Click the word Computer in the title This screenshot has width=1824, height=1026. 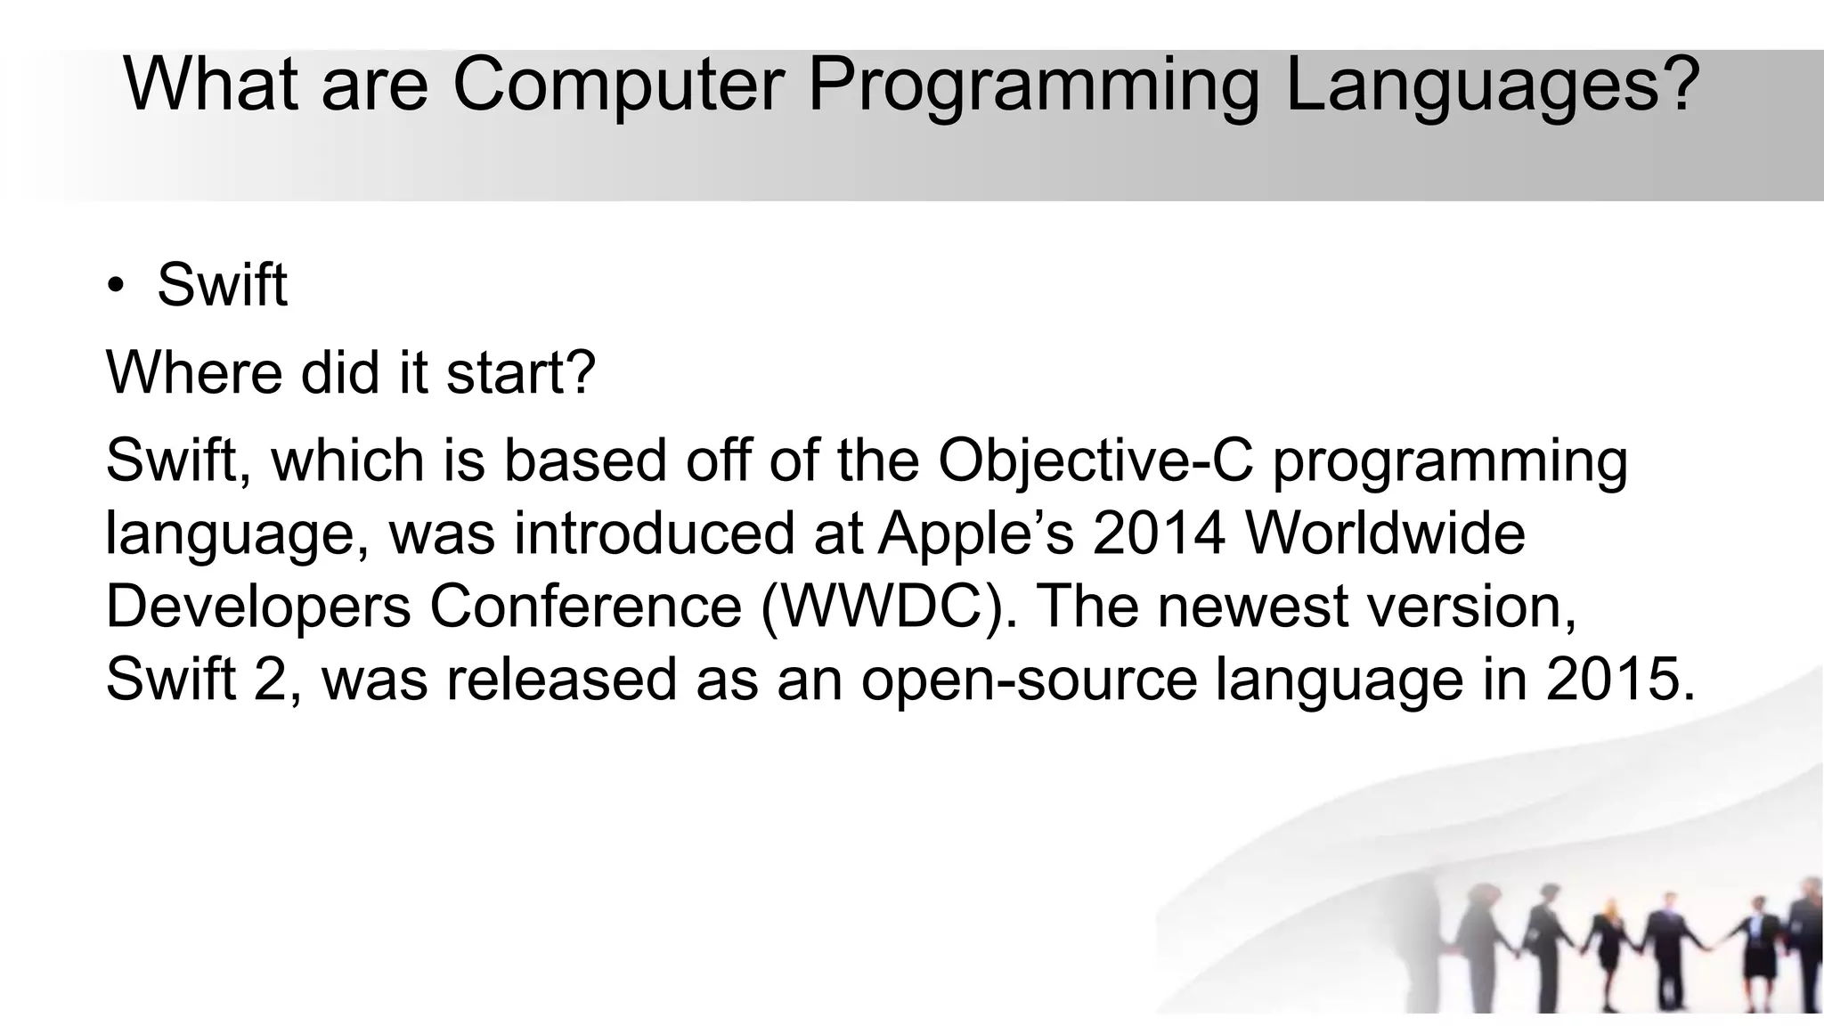617,85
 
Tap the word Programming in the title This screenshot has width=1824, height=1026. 1033,85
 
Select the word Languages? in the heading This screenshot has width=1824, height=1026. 1493,85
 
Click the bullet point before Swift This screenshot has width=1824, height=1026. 115,287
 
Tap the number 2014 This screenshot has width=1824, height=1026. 1159,533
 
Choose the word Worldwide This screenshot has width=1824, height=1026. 1385,533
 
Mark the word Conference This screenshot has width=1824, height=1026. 586,607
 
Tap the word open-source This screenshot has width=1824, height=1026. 1029,680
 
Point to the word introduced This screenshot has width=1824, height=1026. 654,533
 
